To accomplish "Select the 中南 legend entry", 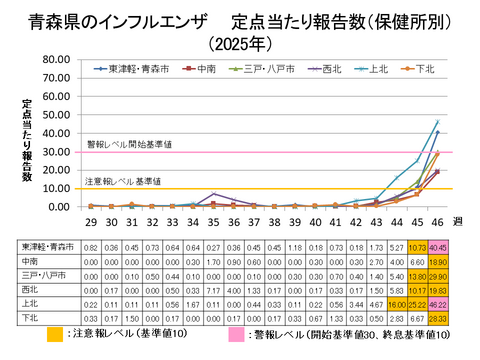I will (x=205, y=70).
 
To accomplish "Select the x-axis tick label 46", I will (x=437, y=220).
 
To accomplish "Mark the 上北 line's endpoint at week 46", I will (x=437, y=122).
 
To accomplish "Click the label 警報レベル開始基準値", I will (x=129, y=145).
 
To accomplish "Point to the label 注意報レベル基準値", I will (x=124, y=182).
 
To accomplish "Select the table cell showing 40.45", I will (x=438, y=246).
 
